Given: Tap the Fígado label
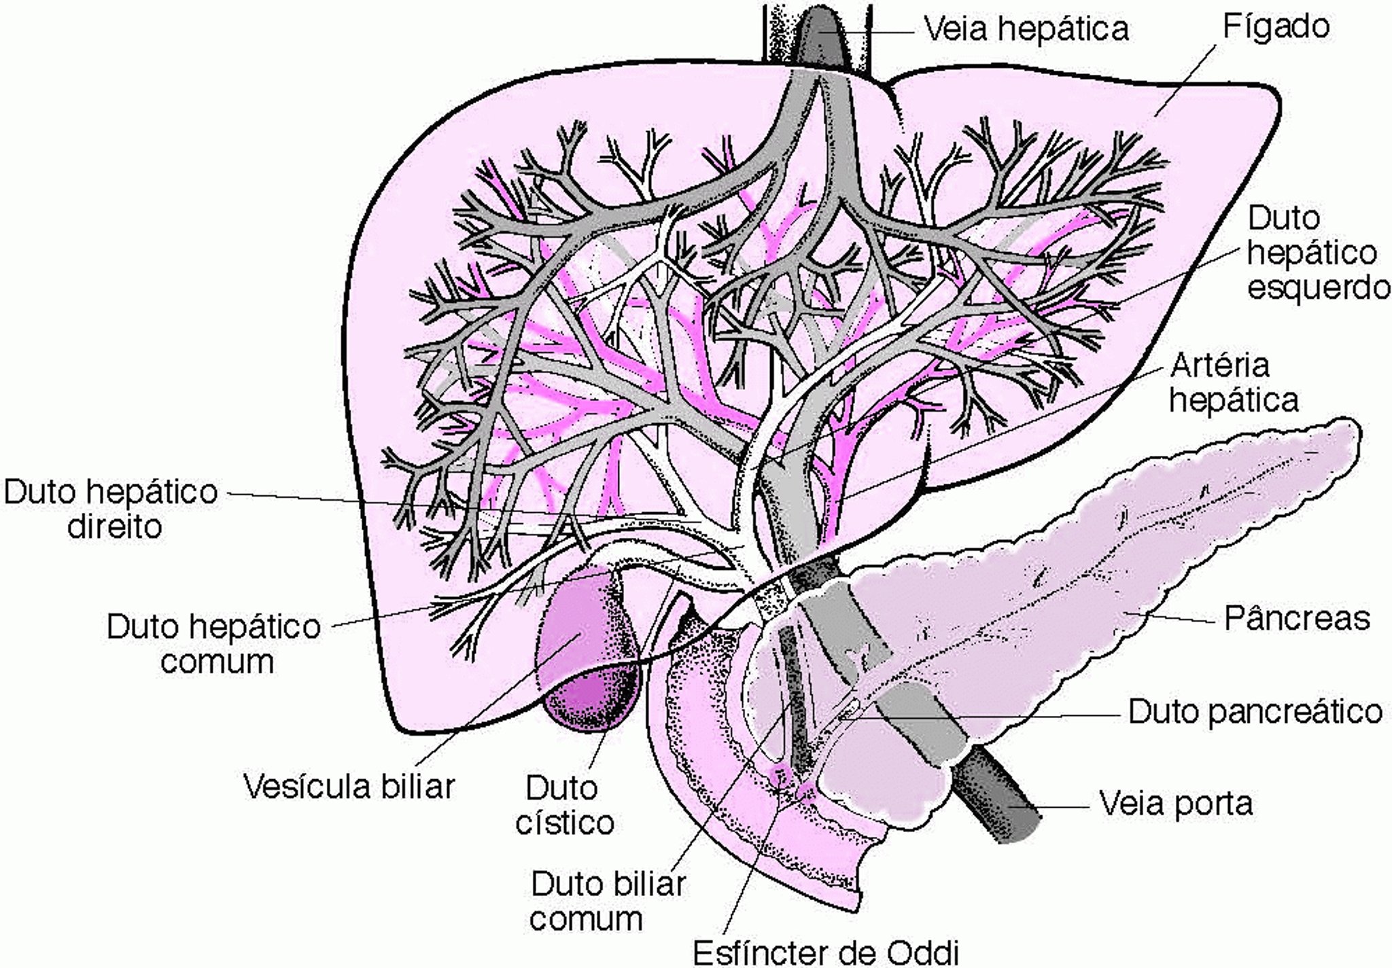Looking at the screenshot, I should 1276,27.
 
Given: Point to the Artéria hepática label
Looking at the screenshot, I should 1233,383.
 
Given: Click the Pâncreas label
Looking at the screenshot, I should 1296,619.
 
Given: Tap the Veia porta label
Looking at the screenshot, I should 1176,804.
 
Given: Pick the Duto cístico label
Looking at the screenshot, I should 564,806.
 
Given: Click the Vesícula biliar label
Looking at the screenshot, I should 349,787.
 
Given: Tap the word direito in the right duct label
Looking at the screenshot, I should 114,527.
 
